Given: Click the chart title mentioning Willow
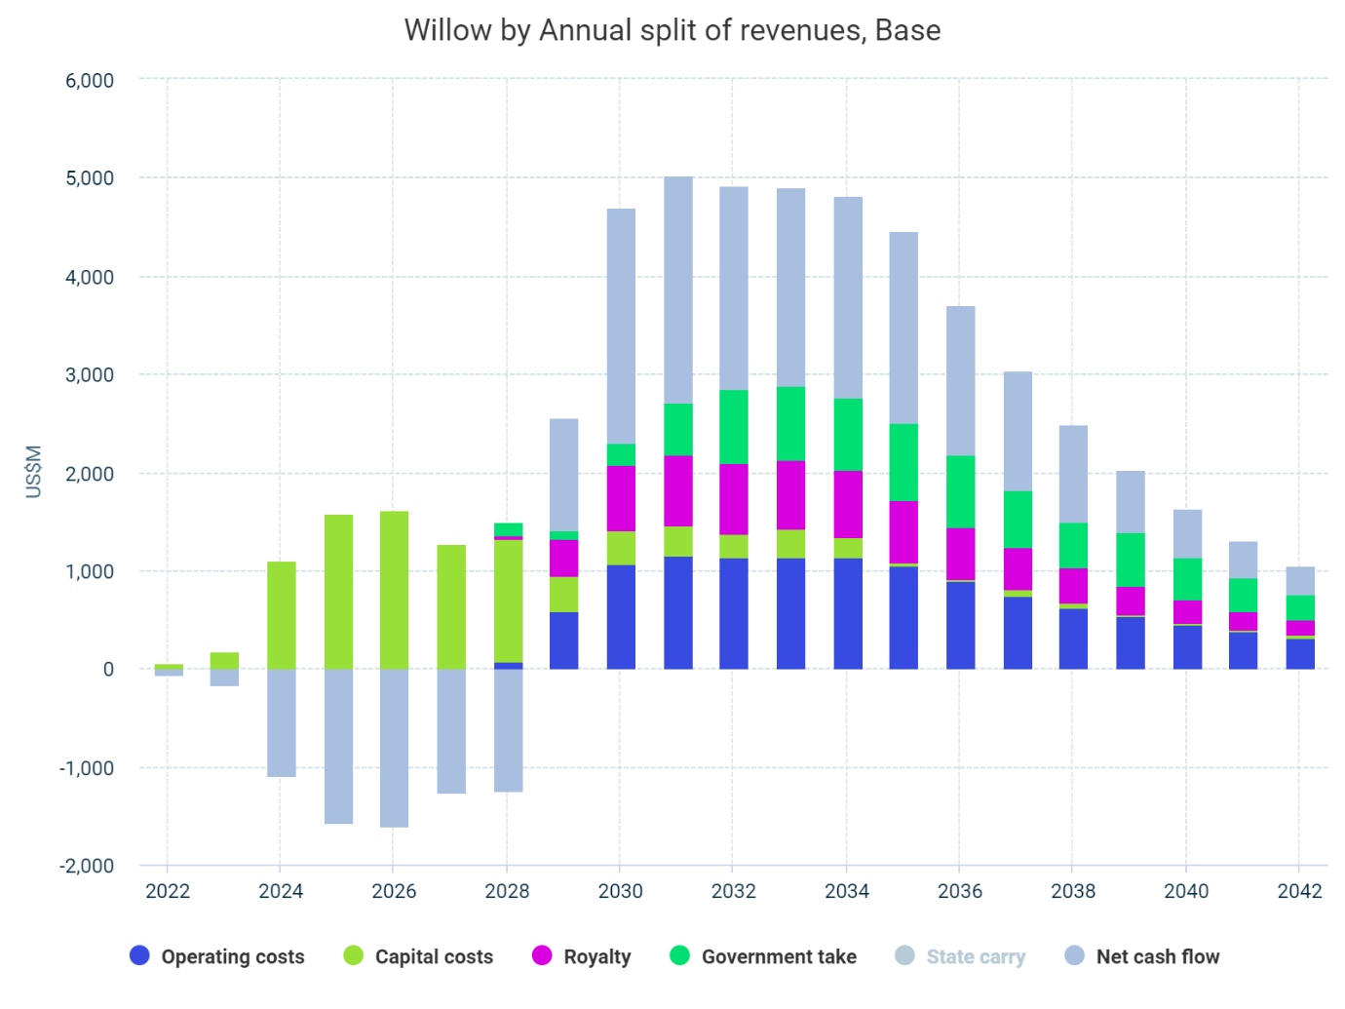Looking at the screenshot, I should (672, 30).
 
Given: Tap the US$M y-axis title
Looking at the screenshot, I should (34, 472).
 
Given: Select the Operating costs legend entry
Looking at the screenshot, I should (217, 956).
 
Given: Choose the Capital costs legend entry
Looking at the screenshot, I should (419, 956).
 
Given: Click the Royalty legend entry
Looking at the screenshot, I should (582, 956).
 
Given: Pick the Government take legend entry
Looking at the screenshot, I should (763, 956).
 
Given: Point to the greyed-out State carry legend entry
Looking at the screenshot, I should (960, 956).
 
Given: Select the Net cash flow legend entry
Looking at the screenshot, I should (1142, 956).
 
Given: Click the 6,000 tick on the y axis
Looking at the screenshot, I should (90, 81).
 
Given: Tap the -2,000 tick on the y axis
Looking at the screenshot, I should (87, 866).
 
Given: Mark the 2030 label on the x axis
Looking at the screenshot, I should (621, 891).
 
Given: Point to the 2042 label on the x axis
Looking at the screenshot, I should (1300, 891).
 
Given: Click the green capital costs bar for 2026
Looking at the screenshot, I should (394, 590).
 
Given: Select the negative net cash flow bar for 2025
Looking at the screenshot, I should (338, 746).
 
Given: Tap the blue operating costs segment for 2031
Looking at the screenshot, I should (677, 612).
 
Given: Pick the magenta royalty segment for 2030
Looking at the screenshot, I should (621, 498).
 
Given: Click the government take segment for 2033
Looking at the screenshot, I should (790, 423).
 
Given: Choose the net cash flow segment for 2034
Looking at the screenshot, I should (848, 297).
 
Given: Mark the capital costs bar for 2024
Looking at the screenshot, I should (281, 615).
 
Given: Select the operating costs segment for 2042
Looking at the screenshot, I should (1300, 653).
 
